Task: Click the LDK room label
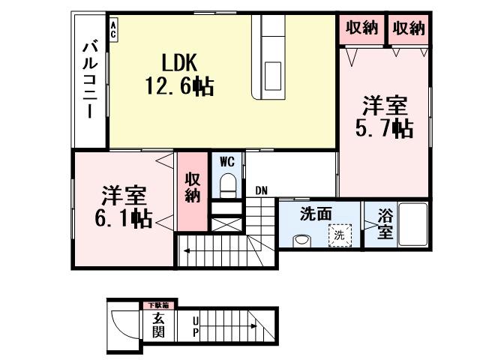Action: click(178, 59)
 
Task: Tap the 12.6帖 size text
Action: click(179, 86)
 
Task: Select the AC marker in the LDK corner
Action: click(113, 29)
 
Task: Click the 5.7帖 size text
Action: click(383, 128)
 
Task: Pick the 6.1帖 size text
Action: click(124, 219)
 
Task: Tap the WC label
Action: click(227, 160)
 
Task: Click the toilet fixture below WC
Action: click(228, 184)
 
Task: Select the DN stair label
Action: click(261, 190)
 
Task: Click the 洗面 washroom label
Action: click(316, 214)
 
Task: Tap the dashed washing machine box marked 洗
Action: click(341, 235)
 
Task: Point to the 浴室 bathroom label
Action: click(385, 223)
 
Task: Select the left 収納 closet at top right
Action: click(361, 28)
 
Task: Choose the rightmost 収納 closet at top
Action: click(409, 28)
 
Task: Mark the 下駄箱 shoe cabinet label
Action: click(157, 305)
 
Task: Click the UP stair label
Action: click(196, 325)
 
